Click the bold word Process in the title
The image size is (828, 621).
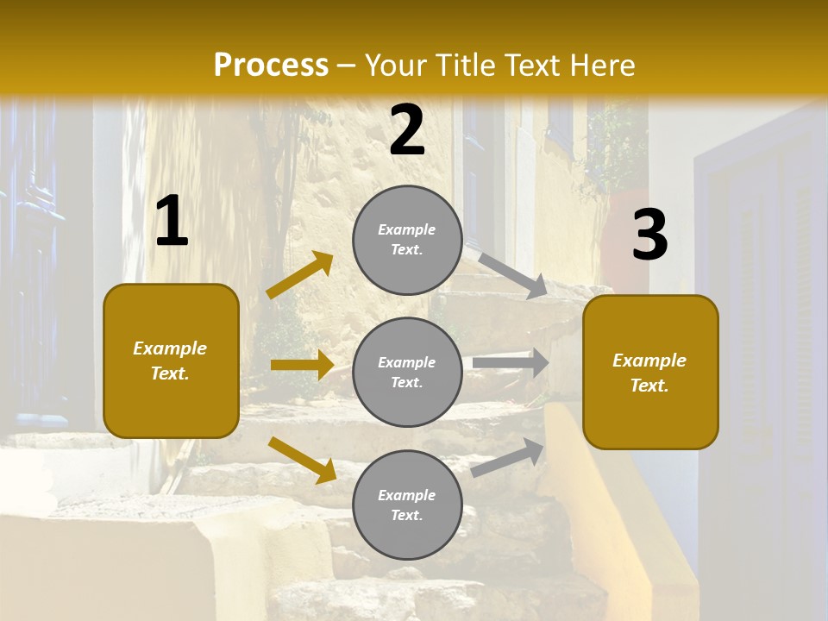[271, 66]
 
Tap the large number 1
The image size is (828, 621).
[172, 222]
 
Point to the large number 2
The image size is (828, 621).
[407, 130]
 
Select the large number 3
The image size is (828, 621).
[649, 235]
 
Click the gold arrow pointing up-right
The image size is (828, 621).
[300, 275]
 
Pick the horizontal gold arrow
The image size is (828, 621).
[302, 365]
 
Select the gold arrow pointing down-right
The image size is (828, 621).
[302, 459]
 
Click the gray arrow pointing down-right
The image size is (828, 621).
[512, 275]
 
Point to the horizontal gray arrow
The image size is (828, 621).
[511, 363]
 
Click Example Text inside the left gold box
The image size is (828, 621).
[170, 361]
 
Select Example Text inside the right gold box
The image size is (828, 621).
[649, 373]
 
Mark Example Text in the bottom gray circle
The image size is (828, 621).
[407, 505]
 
